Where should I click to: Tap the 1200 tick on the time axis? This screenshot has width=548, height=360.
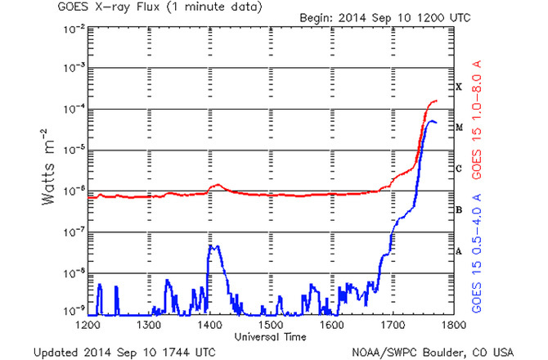[x=88, y=325]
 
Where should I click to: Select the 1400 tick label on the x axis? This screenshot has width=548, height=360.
[x=209, y=325]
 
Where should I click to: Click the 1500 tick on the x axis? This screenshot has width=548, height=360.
[x=271, y=325]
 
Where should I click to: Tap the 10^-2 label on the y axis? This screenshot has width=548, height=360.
[x=70, y=28]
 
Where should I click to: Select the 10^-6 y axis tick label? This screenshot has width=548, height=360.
[x=70, y=191]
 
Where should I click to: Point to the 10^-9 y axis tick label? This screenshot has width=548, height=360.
[x=70, y=313]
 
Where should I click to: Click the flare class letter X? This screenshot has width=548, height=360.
[x=460, y=87]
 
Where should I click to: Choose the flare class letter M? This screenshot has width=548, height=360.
[x=460, y=128]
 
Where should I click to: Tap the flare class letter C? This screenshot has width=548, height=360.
[x=460, y=169]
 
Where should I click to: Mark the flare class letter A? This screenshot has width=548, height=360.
[x=460, y=252]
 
